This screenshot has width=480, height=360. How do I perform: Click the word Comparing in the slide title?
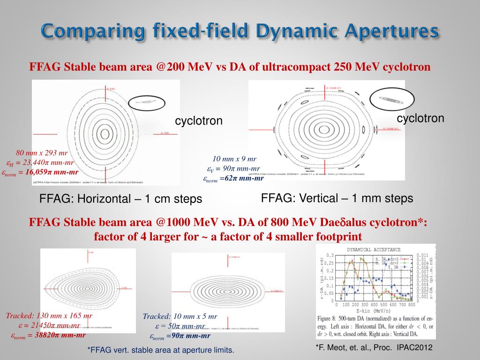tap(90, 31)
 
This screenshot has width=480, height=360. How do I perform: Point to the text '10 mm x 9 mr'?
tap(234, 159)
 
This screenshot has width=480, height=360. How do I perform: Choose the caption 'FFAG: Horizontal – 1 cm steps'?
tap(120, 199)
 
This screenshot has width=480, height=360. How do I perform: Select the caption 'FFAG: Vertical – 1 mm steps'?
tap(337, 198)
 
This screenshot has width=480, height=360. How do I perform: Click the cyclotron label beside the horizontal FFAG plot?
tap(199, 121)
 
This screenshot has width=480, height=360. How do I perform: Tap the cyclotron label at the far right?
tap(420, 118)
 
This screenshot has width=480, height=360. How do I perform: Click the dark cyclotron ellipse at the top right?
tap(391, 99)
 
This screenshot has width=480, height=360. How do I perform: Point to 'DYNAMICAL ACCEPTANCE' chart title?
tap(374, 249)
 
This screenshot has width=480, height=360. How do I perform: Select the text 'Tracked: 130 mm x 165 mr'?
tap(49, 315)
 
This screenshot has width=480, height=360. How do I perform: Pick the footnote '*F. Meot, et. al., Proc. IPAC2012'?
tap(374, 347)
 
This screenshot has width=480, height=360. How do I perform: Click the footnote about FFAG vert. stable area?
tap(161, 350)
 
